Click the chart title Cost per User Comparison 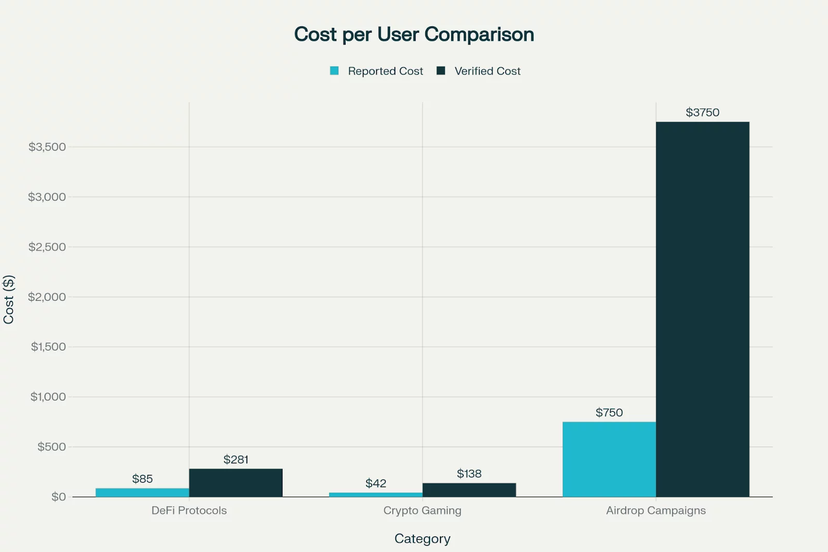pyautogui.click(x=414, y=35)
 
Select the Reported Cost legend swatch pyautogui.click(x=334, y=71)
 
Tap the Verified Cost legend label pyautogui.click(x=487, y=71)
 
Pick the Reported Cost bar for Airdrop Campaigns pyautogui.click(x=609, y=459)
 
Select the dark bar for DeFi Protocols pyautogui.click(x=235, y=483)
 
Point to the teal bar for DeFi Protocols pyautogui.click(x=142, y=492)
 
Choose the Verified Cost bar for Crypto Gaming pyautogui.click(x=469, y=490)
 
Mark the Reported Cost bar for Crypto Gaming pyautogui.click(x=376, y=495)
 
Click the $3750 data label pyautogui.click(x=702, y=112)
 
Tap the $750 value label pyautogui.click(x=609, y=413)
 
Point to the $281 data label pyautogui.click(x=235, y=459)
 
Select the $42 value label pyautogui.click(x=376, y=483)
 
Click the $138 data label pyautogui.click(x=469, y=473)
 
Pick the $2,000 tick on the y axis pyautogui.click(x=47, y=297)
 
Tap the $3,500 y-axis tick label pyautogui.click(x=47, y=147)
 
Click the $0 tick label pyautogui.click(x=58, y=497)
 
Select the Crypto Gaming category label pyautogui.click(x=422, y=511)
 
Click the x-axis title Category pyautogui.click(x=422, y=539)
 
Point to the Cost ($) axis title pyautogui.click(x=9, y=299)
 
